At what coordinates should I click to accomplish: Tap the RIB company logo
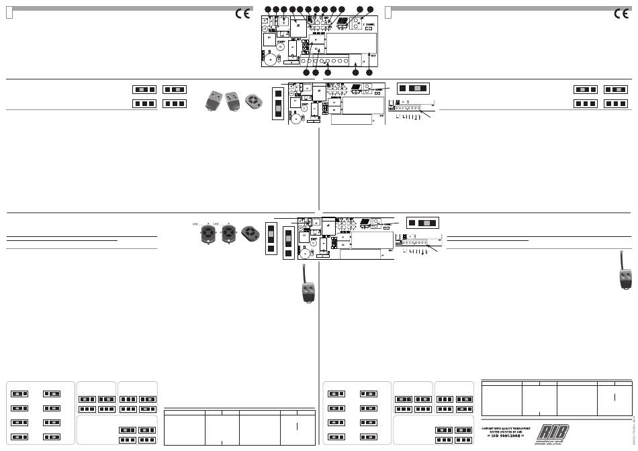click(551, 432)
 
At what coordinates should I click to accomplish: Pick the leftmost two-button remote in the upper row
click(215, 101)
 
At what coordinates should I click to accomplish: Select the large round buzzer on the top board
click(270, 60)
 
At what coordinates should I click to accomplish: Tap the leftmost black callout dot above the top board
click(268, 9)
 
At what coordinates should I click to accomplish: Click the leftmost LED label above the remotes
click(195, 223)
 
